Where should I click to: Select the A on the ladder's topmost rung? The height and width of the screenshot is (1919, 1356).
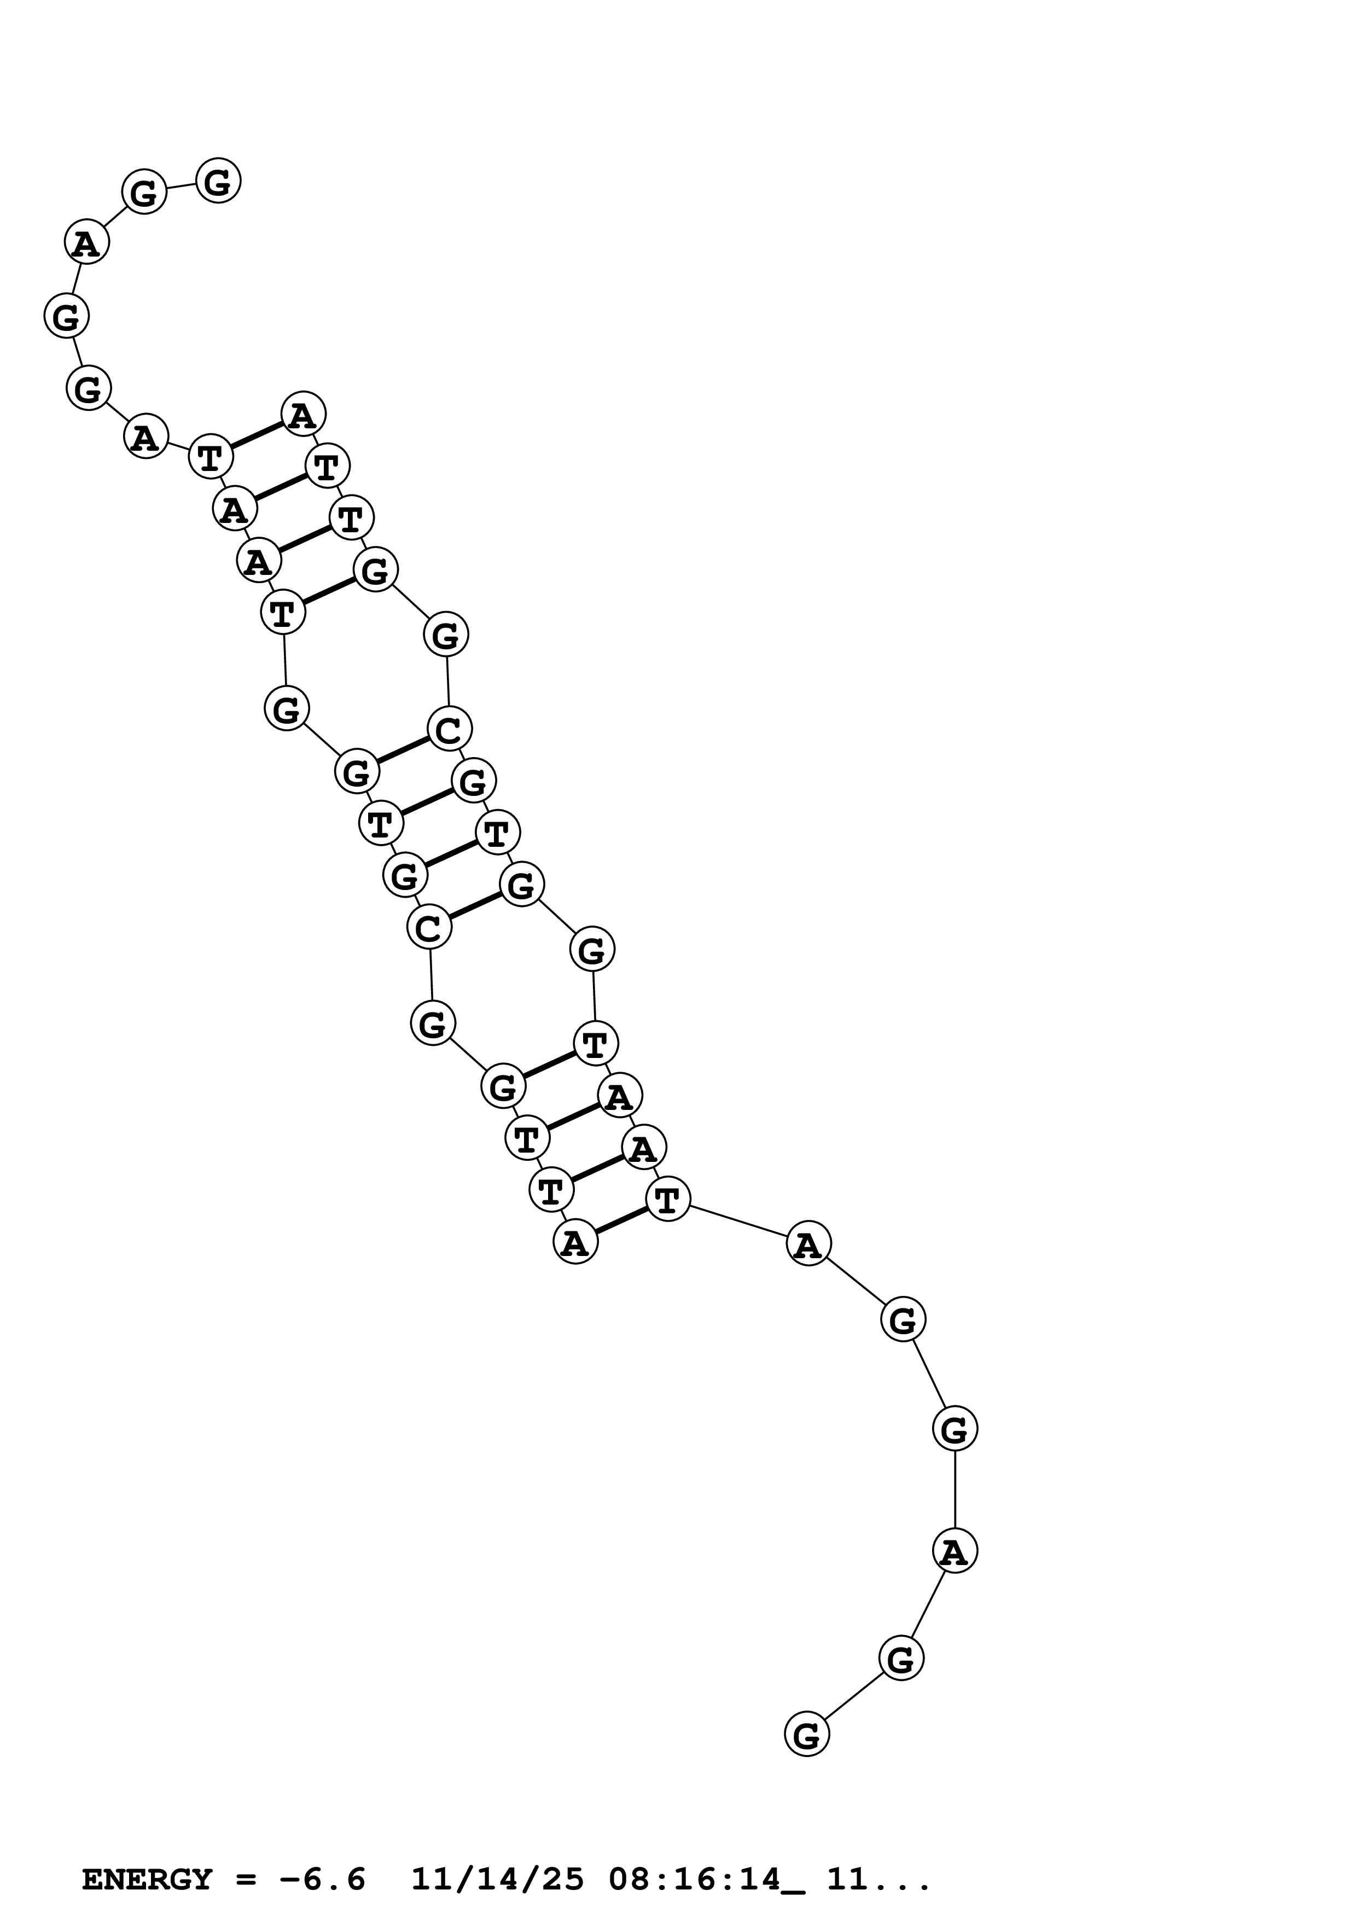pyautogui.click(x=302, y=415)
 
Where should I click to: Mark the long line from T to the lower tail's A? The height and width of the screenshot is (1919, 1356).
pyautogui.click(x=738, y=1222)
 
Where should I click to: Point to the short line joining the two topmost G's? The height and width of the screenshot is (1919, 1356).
pyautogui.click(x=181, y=187)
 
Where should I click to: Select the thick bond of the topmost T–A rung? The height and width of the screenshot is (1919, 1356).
pyautogui.click(x=257, y=435)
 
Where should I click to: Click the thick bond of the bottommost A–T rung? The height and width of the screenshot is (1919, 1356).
pyautogui.click(x=621, y=1221)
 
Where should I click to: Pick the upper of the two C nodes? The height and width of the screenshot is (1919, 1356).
pyautogui.click(x=449, y=729)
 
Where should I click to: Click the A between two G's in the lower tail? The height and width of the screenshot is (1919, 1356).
pyautogui.click(x=954, y=1551)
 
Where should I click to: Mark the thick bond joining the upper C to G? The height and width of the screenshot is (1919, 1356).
pyautogui.click(x=403, y=750)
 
